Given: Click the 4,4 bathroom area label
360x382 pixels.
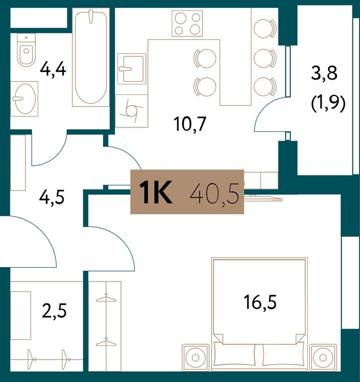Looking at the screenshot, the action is [53, 70].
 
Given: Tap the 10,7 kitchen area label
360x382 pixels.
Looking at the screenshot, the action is [190, 124].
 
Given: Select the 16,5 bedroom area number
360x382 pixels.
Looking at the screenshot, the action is [260, 302].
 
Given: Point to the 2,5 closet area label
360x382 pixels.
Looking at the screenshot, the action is [54, 311].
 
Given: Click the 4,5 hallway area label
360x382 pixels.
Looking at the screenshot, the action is [52, 197].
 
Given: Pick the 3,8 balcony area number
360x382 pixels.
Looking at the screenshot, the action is [324, 73].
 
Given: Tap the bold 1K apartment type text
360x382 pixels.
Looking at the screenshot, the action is [156, 192].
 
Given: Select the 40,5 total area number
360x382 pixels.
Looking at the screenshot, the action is [215, 193].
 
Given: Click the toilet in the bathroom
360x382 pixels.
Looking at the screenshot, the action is [26, 50].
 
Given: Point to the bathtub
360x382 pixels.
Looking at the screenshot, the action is [91, 57].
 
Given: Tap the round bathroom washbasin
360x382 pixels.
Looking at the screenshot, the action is [24, 98].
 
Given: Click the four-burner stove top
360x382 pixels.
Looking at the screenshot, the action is [187, 24].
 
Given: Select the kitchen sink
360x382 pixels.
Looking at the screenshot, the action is [132, 69].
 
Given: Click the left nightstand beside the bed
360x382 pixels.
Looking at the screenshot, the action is [195, 358].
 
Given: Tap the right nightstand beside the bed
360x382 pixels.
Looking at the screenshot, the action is [323, 358].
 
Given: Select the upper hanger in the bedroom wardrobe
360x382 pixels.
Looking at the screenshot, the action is [106, 298].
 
